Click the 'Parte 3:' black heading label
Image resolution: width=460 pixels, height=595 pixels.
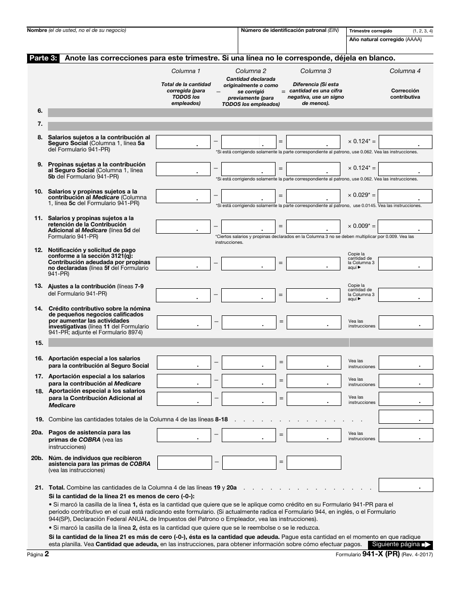point(43,58)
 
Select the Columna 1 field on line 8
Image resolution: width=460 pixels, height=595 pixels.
point(183,142)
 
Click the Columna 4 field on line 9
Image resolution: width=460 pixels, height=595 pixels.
point(405,169)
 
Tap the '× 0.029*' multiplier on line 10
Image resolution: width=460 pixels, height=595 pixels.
point(359,195)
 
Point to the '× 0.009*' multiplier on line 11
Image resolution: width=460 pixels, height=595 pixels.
point(359,226)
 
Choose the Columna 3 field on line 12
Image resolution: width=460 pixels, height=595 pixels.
point(313,264)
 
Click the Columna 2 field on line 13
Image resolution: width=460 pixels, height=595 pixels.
point(248,295)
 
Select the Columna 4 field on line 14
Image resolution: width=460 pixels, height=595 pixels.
point(406,323)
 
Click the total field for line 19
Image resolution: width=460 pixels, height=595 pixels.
point(406,416)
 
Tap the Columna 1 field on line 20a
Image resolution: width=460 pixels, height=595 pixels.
point(184,435)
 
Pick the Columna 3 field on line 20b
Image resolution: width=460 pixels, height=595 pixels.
point(313,463)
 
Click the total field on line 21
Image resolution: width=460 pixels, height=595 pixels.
point(406,485)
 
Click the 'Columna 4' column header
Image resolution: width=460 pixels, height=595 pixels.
point(405,71)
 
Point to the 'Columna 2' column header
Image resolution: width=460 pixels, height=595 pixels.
point(251,71)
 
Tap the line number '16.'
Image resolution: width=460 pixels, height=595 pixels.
point(39,358)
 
